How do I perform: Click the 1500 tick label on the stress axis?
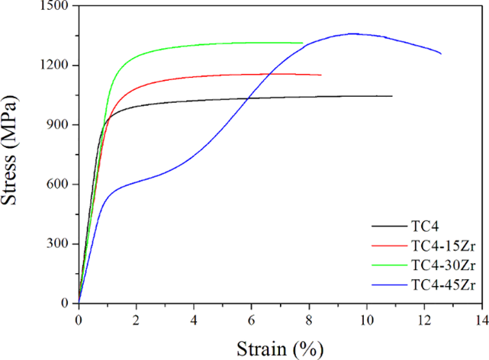(53, 6)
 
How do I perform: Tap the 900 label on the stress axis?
(56, 125)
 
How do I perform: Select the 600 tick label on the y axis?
(56, 185)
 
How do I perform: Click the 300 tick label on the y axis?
(56, 244)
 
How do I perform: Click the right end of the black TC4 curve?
(391, 96)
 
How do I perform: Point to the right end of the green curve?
(303, 43)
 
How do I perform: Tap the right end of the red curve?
(321, 75)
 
